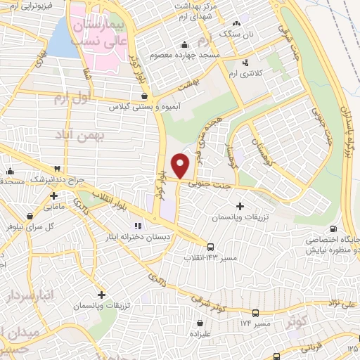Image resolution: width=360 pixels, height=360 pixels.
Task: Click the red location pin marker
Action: point(181,165)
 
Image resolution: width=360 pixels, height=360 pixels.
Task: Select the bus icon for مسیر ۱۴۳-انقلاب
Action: point(211,246)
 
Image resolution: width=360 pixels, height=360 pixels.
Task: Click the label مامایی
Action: point(54,207)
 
